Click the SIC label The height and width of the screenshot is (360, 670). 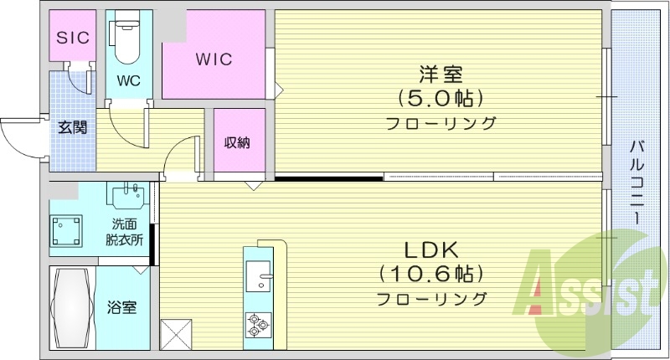click(x=72, y=36)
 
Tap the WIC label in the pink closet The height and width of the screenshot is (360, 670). click(x=214, y=60)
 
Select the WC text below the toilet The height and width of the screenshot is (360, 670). click(x=128, y=82)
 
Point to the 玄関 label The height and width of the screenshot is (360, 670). click(x=72, y=128)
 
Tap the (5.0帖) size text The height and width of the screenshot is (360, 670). click(x=440, y=98)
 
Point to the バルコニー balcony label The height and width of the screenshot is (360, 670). click(x=637, y=181)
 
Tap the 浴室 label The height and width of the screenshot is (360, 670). click(x=122, y=307)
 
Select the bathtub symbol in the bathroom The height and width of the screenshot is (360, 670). click(x=70, y=307)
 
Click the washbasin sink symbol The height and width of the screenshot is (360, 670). click(x=127, y=198)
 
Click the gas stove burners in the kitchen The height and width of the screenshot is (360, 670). click(x=257, y=323)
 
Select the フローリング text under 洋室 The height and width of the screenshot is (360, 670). click(x=441, y=123)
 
